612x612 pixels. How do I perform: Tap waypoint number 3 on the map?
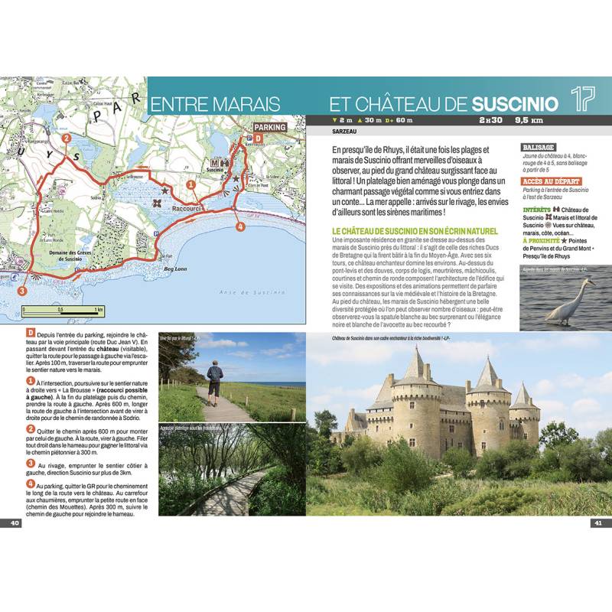pos(22,291)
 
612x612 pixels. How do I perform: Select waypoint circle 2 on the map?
pos(67,138)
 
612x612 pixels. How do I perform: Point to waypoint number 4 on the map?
pos(240,226)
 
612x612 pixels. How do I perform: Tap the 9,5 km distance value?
pos(529,120)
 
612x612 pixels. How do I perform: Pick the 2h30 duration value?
pos(490,120)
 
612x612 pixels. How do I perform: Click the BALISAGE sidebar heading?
pos(538,146)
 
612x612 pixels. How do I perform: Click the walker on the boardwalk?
pos(214,381)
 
